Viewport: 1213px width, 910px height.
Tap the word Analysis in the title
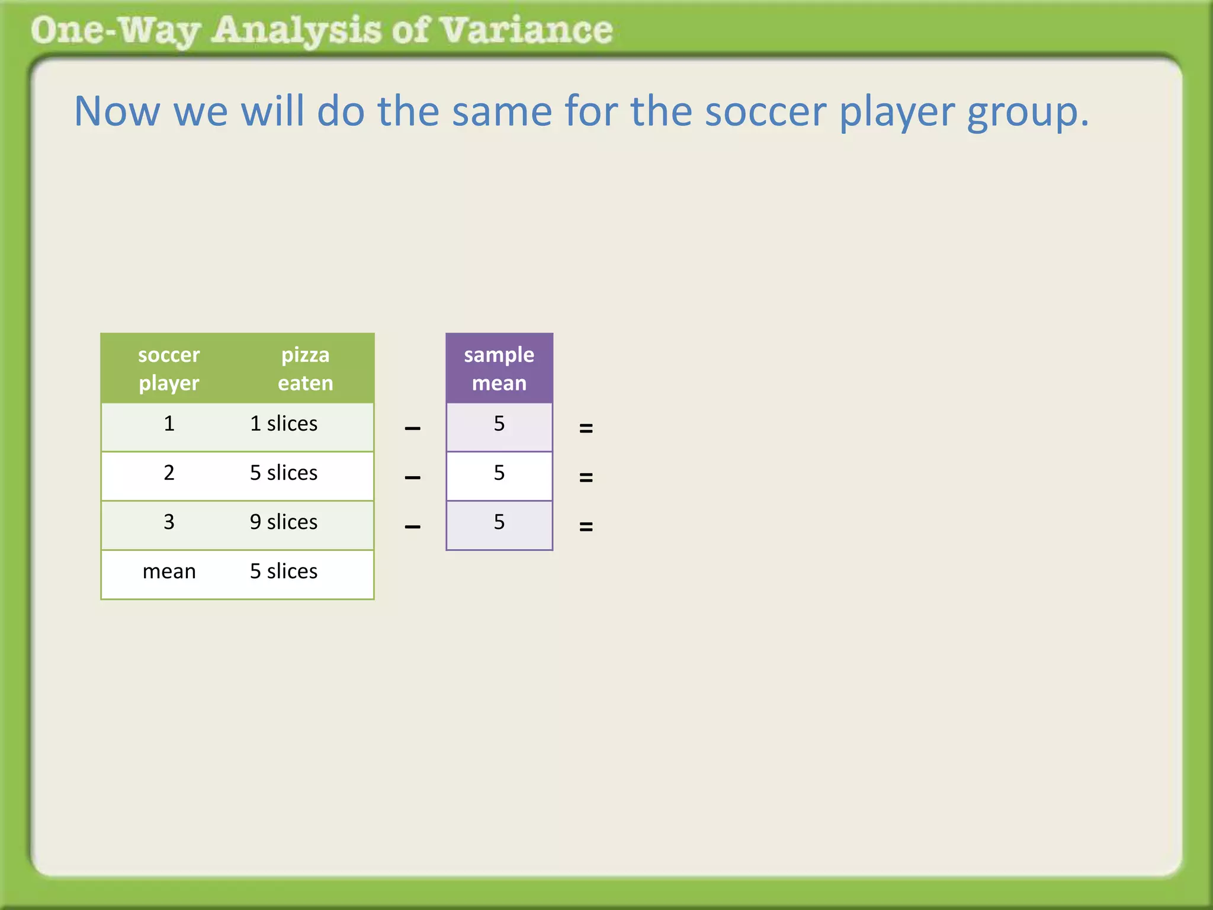tap(296, 31)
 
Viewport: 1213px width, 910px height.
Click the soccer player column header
tap(169, 369)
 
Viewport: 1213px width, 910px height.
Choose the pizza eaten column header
tap(305, 369)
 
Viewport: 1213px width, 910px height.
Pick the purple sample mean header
tap(499, 369)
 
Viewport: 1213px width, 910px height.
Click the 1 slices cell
tap(283, 424)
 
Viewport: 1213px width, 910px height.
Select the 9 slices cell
tap(283, 522)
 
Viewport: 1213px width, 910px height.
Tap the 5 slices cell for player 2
tap(283, 473)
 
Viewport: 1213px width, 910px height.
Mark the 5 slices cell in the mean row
tap(283, 571)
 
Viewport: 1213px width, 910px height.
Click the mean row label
tap(169, 571)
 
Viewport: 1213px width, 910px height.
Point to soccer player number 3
tap(169, 522)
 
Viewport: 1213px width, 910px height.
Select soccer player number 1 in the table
tap(169, 424)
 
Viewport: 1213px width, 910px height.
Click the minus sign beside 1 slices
tap(412, 428)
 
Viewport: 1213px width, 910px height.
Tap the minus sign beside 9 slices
tap(412, 527)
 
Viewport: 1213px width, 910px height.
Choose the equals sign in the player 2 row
tap(586, 477)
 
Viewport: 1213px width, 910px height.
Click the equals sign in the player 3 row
tap(586, 526)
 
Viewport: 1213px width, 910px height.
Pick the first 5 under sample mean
tap(499, 424)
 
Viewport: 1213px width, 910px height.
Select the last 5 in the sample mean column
tap(499, 522)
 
